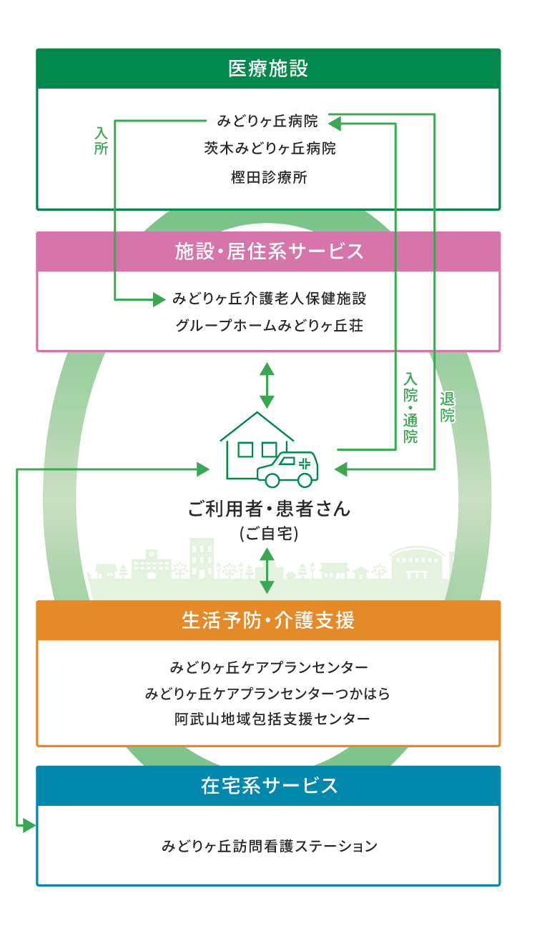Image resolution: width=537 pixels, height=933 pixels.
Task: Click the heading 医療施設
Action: pyautogui.click(x=268, y=69)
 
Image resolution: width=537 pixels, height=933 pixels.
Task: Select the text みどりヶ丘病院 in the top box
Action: pyautogui.click(x=268, y=122)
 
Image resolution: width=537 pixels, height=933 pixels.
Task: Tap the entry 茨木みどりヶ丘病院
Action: pyautogui.click(x=269, y=149)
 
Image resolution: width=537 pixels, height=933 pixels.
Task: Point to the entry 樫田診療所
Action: pyautogui.click(x=269, y=177)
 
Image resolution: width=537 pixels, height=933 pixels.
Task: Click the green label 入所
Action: pyautogui.click(x=101, y=141)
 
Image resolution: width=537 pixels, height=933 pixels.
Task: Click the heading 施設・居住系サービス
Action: pyautogui.click(x=269, y=251)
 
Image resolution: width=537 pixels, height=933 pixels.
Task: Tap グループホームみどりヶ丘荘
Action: pyautogui.click(x=269, y=326)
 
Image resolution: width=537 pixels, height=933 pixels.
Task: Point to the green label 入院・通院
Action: pyautogui.click(x=410, y=407)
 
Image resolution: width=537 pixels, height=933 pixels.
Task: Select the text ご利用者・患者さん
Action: pyautogui.click(x=268, y=509)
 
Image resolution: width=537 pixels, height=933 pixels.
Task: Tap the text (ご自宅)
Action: pyautogui.click(x=268, y=533)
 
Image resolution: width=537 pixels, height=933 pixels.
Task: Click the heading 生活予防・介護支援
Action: pyautogui.click(x=268, y=620)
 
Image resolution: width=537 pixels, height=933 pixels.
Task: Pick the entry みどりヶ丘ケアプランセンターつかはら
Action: pyautogui.click(x=268, y=694)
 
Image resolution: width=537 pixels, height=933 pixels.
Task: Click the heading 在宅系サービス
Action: pyautogui.click(x=269, y=786)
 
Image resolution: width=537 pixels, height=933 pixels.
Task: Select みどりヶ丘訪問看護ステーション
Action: pyautogui.click(x=269, y=847)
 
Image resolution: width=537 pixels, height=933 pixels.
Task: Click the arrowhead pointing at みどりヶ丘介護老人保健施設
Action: pyautogui.click(x=159, y=299)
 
